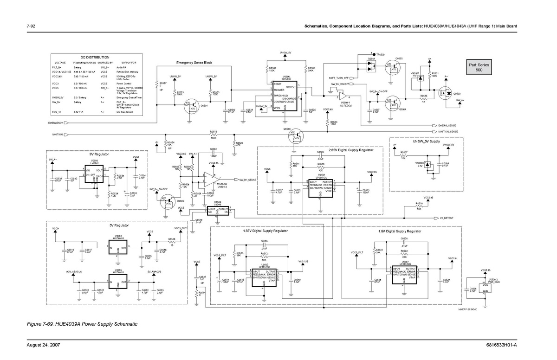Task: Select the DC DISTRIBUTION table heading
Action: [94, 57]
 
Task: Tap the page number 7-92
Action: [32, 26]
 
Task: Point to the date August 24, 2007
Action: [43, 346]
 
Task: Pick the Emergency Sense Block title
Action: [194, 63]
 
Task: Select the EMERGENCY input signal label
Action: [55, 123]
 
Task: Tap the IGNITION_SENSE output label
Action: [448, 132]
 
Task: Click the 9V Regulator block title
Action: [99, 154]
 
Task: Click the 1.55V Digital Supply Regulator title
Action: [265, 231]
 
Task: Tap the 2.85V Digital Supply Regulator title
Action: [350, 150]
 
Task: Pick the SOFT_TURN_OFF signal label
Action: [339, 77]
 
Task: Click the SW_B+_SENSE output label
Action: [248, 180]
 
